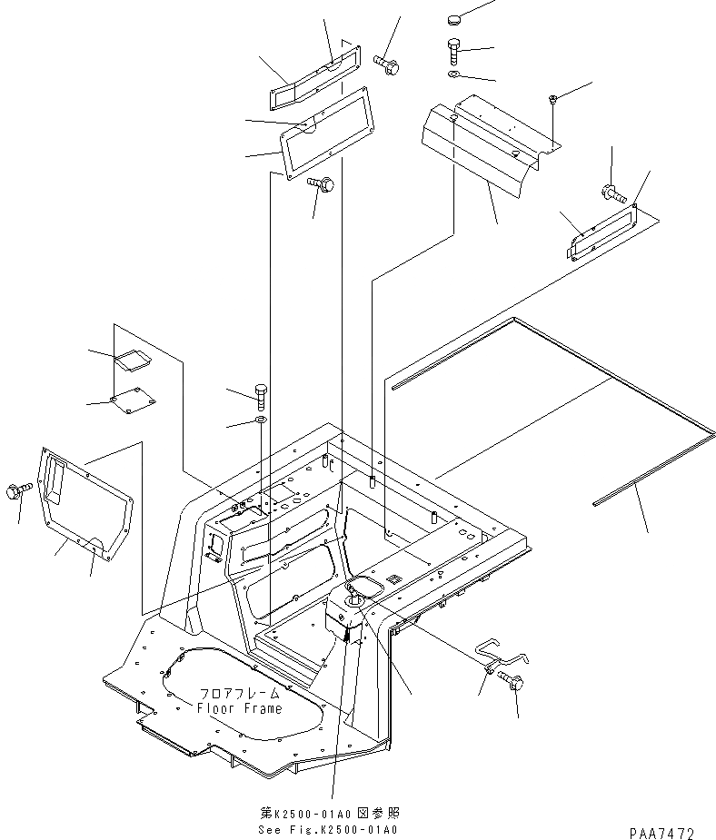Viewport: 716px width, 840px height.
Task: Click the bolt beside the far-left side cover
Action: click(x=20, y=491)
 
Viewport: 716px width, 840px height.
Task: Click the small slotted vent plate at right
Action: click(x=600, y=233)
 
